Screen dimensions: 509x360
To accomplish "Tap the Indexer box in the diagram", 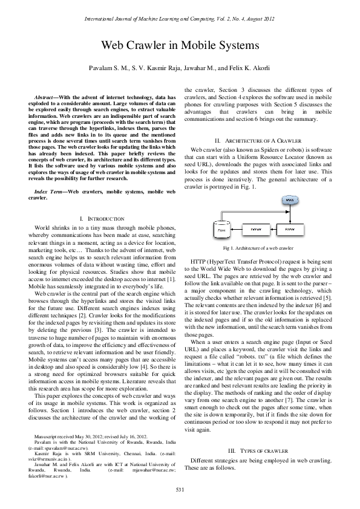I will click(255, 230).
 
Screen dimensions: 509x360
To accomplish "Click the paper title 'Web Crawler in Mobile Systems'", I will click(180, 45).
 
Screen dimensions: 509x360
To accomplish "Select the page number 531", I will click(180, 489).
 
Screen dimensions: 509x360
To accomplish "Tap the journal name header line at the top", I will click(180, 19).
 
